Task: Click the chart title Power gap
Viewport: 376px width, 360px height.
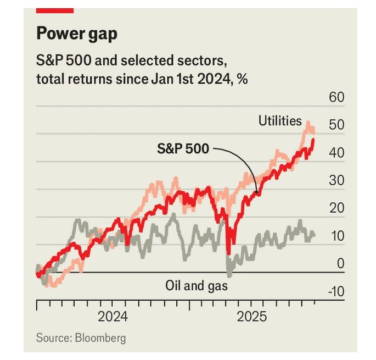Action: tap(76, 34)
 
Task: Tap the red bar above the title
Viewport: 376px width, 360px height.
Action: tap(55, 10)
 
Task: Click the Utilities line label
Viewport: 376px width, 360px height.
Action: tap(280, 120)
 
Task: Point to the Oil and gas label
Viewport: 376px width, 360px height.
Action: tap(196, 286)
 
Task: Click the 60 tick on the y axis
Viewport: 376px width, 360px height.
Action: tap(336, 98)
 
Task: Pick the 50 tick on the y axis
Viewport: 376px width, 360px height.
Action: tap(336, 125)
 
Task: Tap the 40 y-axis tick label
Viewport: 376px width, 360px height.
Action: tap(336, 153)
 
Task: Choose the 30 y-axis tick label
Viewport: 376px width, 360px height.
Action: tap(336, 181)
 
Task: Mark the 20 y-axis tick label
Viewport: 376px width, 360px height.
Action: tap(336, 208)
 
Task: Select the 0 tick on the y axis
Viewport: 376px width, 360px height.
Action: tap(340, 264)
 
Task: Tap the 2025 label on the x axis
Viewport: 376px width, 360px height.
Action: tap(251, 317)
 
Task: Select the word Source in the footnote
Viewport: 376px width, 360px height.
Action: tap(52, 337)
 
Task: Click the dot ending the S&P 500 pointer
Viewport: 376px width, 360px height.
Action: tap(256, 192)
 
